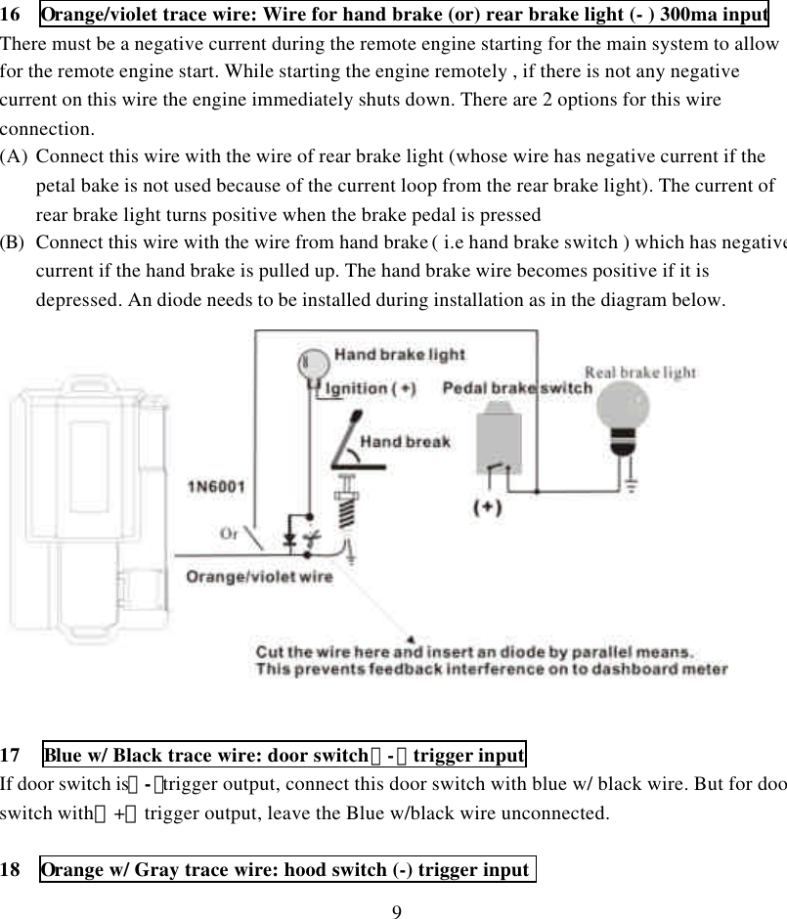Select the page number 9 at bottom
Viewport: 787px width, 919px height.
[x=395, y=911]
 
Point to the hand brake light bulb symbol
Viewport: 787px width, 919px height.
[x=312, y=364]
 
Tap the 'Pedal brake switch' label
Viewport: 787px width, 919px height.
[x=517, y=388]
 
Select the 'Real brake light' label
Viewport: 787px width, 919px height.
[x=639, y=372]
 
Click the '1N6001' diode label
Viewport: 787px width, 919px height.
[x=217, y=485]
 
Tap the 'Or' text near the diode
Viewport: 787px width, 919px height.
[x=229, y=534]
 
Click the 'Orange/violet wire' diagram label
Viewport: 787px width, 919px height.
[x=259, y=576]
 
